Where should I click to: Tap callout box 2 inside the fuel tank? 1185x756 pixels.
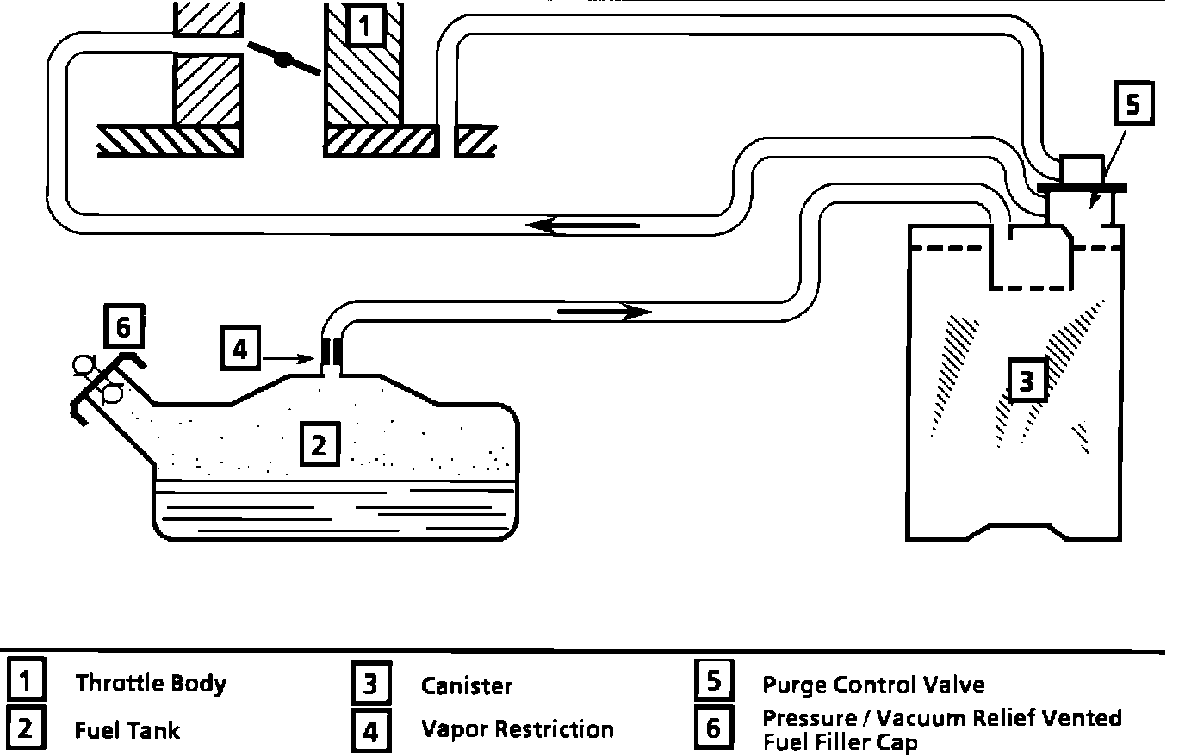319,445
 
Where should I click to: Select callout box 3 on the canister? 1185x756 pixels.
1026,381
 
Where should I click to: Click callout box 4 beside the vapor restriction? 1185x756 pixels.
240,349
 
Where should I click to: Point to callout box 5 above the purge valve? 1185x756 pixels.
1132,104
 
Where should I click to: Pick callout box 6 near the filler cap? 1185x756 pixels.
122,327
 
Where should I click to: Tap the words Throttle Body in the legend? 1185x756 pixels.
151,684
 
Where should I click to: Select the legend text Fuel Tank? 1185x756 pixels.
127,730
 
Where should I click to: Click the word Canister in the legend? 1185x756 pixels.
467,685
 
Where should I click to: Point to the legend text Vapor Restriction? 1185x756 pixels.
517,730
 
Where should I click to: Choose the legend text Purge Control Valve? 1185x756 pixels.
873,685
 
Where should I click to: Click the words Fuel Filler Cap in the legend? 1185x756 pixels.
840,741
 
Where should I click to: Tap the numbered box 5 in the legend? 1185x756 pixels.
713,680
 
